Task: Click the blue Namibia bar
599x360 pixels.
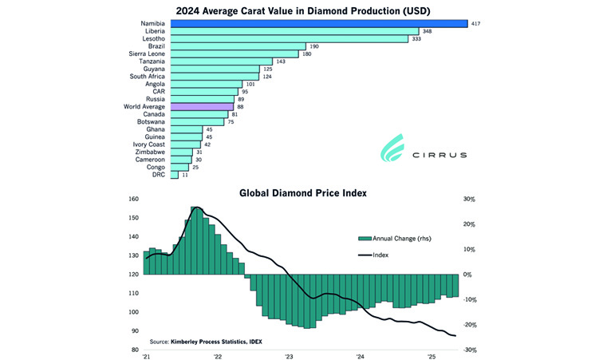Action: [x=317, y=23]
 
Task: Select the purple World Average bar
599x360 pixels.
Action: [x=202, y=106]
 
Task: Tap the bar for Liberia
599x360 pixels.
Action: [x=294, y=31]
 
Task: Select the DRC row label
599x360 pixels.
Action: [x=160, y=174]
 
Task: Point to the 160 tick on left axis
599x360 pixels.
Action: [x=133, y=200]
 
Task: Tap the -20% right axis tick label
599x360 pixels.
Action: [x=471, y=325]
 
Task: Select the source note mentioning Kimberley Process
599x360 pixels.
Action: [x=206, y=341]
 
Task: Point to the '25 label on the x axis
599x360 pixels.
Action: [x=432, y=358]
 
